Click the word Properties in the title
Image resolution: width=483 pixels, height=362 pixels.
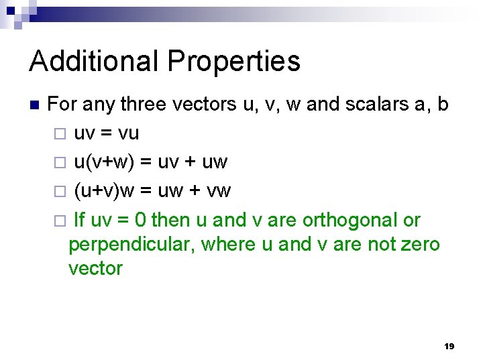point(234,62)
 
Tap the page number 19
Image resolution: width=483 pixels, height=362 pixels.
point(449,346)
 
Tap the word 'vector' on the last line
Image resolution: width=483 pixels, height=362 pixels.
point(95,268)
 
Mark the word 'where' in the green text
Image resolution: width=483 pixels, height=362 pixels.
point(228,244)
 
